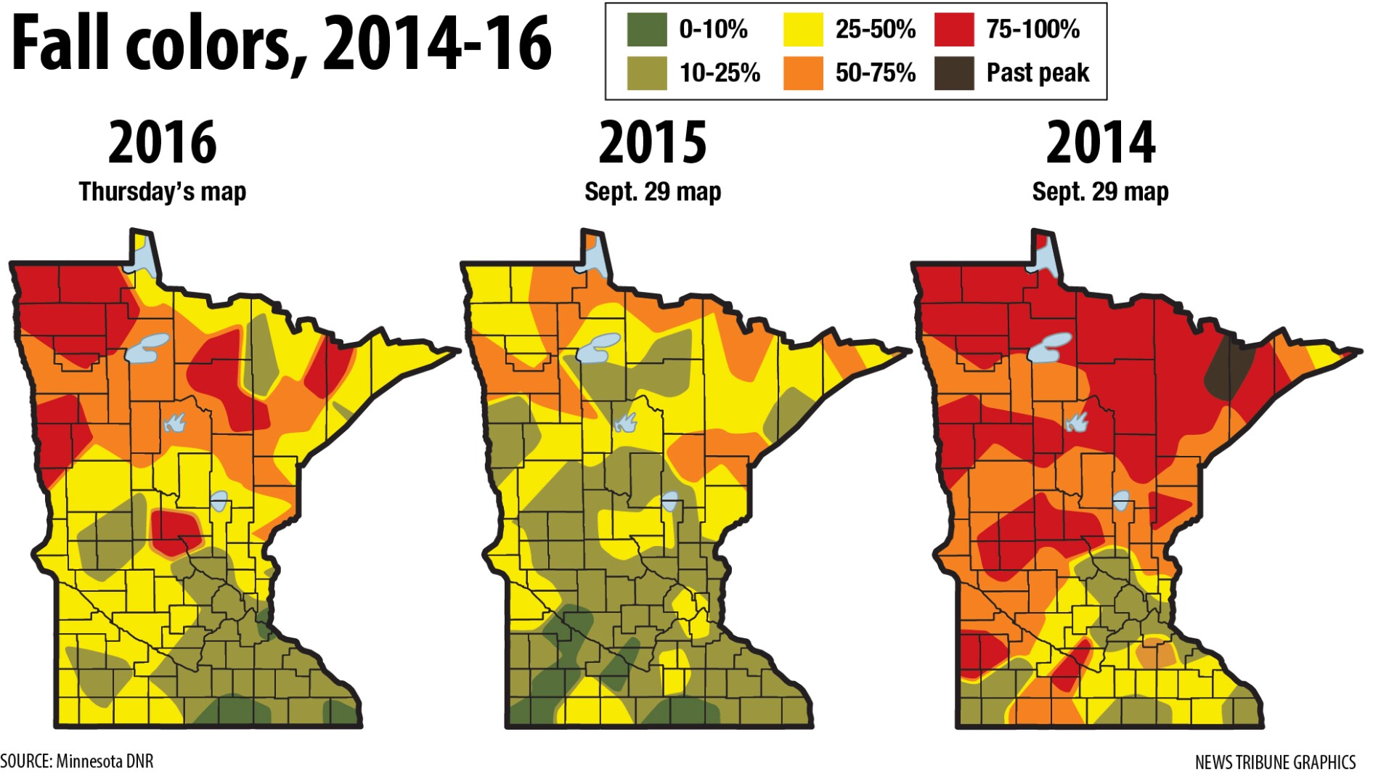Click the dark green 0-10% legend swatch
coord(646,29)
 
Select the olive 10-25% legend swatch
coord(646,73)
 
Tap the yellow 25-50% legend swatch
coord(803,29)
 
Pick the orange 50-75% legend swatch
coord(803,73)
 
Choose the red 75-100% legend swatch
coord(954,29)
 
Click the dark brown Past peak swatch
coord(954,73)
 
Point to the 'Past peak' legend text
coord(1038,73)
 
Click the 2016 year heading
coord(163,143)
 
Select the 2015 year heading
coord(652,143)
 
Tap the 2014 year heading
coord(1100,143)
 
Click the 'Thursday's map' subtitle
coord(163,192)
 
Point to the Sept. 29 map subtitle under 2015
coord(652,192)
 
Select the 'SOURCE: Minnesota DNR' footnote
coord(77,761)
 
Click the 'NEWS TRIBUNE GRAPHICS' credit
coord(1275,762)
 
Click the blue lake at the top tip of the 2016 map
coord(144,254)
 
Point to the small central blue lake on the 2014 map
coord(1121,500)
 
